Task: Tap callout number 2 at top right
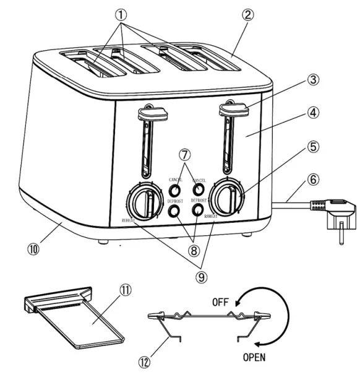[247, 15]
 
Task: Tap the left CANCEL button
[176, 190]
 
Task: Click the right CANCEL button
[199, 189]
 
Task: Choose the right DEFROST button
[199, 211]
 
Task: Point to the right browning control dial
[226, 199]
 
